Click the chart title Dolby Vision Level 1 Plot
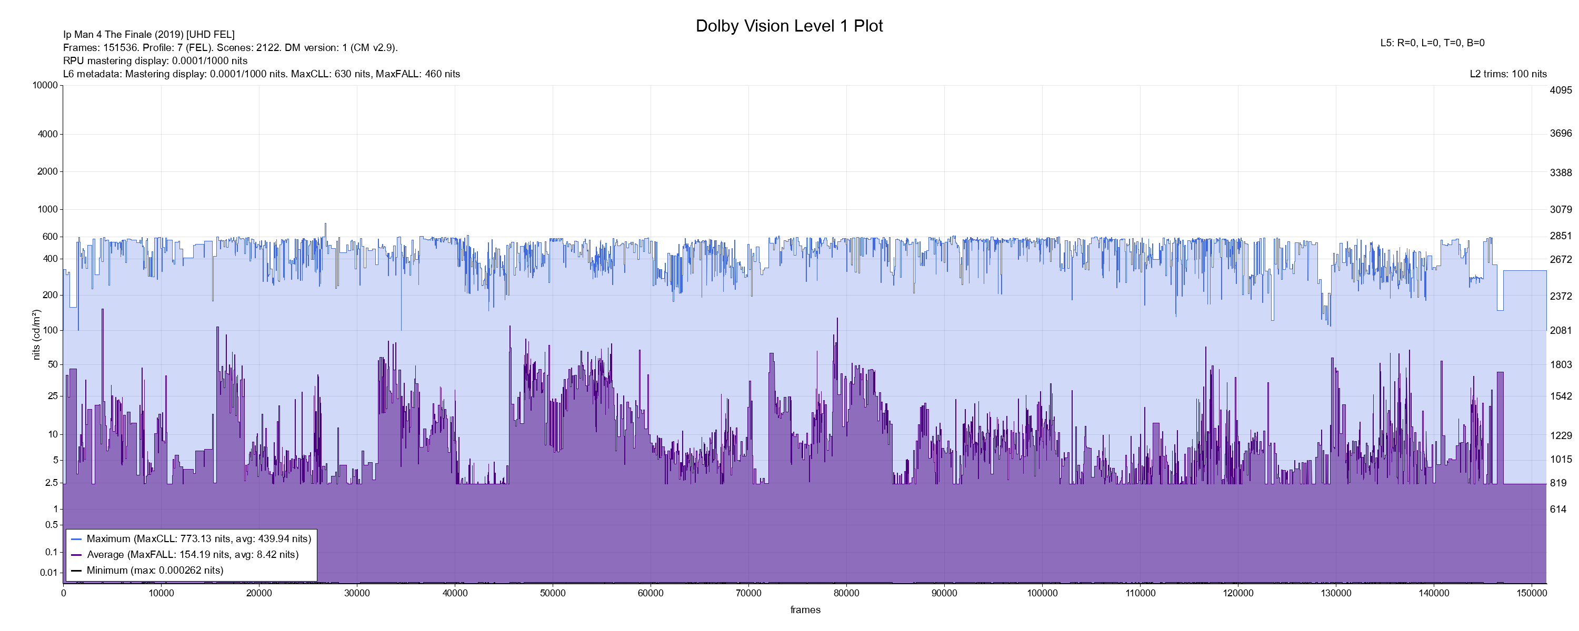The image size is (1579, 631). coord(789,26)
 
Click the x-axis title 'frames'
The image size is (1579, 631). coord(805,609)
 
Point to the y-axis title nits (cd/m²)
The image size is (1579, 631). coord(36,334)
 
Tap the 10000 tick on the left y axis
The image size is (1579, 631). coord(45,85)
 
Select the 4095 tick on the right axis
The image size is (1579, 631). coord(1561,90)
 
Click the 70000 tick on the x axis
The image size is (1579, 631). coord(748,593)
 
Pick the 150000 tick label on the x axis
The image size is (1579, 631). coord(1532,593)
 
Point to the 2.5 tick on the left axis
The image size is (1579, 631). coord(51,483)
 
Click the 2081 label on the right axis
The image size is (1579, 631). coord(1561,330)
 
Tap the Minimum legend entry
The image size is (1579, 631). coord(154,571)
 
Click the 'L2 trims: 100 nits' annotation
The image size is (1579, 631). coord(1508,74)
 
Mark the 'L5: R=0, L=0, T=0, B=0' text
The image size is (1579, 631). coord(1432,43)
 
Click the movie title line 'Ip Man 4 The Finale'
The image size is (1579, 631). coord(148,34)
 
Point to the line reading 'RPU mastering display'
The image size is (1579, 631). coord(155,60)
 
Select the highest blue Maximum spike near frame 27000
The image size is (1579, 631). coord(325,224)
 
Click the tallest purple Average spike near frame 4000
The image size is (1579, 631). coord(102,310)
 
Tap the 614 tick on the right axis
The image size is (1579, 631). coord(1557,509)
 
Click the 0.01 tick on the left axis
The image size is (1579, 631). coord(48,573)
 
